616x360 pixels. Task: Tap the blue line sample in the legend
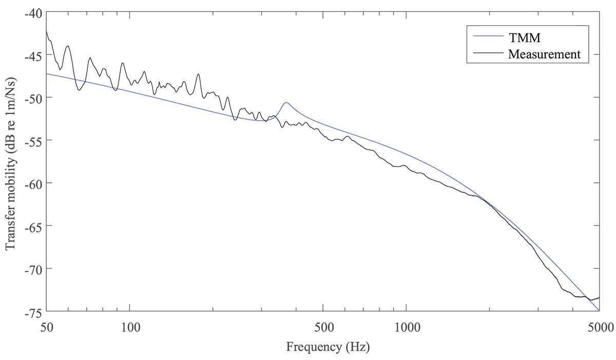click(x=485, y=37)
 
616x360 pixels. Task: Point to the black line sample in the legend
click(x=485, y=53)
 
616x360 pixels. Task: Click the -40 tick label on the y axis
click(x=32, y=12)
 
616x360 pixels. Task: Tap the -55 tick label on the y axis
click(x=32, y=140)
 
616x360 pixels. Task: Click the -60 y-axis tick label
click(x=32, y=183)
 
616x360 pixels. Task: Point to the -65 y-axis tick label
click(x=32, y=225)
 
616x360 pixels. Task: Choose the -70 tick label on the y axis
click(x=32, y=268)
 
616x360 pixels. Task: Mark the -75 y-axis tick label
click(x=32, y=311)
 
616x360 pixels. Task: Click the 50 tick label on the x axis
click(x=47, y=326)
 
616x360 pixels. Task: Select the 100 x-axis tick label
click(x=130, y=326)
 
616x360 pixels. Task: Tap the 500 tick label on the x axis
click(x=323, y=326)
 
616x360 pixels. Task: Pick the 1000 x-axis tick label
click(x=406, y=326)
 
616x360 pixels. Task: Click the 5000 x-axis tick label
click(x=599, y=326)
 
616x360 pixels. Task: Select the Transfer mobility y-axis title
click(x=10, y=161)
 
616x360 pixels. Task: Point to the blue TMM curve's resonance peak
click(x=286, y=103)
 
